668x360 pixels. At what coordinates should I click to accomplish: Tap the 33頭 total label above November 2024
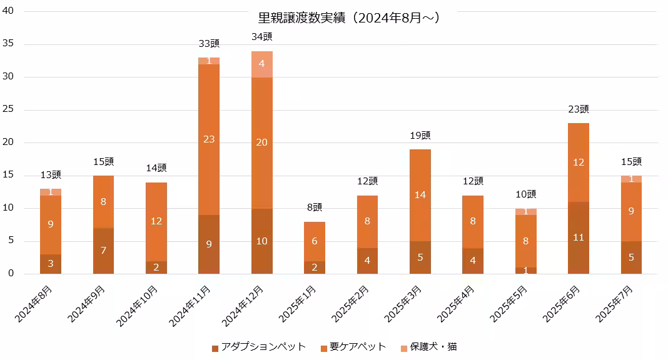pyautogui.click(x=209, y=44)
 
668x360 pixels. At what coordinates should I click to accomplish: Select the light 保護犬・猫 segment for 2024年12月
pyautogui.click(x=262, y=64)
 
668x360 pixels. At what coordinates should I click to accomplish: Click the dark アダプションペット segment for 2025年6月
pyautogui.click(x=579, y=237)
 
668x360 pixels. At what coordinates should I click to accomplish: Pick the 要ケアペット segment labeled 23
pyautogui.click(x=209, y=139)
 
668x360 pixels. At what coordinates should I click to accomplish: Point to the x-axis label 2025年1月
pyautogui.click(x=298, y=304)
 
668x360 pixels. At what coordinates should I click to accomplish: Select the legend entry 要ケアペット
pyautogui.click(x=353, y=347)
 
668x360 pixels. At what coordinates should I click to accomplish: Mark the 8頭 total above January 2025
pyautogui.click(x=315, y=207)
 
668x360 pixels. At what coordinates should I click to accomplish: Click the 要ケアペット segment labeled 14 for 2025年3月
pyautogui.click(x=420, y=195)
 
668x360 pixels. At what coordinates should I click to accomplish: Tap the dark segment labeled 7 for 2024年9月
pyautogui.click(x=104, y=251)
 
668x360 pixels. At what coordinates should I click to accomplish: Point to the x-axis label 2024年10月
pyautogui.click(x=139, y=306)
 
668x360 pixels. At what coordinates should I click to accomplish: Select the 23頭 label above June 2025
pyautogui.click(x=579, y=109)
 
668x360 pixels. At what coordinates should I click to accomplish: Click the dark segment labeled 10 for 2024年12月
pyautogui.click(x=262, y=241)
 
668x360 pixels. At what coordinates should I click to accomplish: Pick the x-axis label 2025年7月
pyautogui.click(x=614, y=304)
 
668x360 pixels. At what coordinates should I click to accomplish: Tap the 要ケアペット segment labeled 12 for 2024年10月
pyautogui.click(x=156, y=221)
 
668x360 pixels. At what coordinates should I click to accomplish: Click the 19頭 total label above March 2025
pyautogui.click(x=420, y=136)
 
